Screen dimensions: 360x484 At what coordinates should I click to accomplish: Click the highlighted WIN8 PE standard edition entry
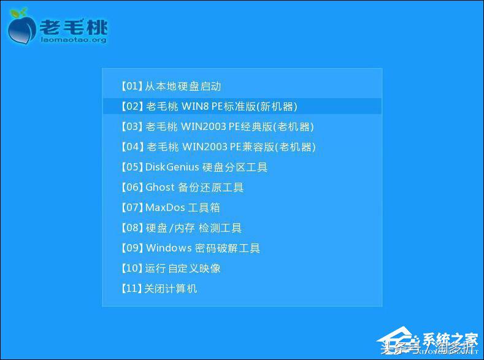coord(208,106)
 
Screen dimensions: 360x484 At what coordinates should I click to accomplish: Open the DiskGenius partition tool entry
coord(193,167)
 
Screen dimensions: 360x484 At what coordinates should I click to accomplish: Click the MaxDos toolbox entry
coord(169,208)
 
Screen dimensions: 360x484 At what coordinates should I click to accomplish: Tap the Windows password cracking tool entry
coord(190,248)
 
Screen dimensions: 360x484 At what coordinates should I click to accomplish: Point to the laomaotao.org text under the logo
coord(73,40)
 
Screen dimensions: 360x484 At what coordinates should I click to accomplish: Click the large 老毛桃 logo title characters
coord(73,26)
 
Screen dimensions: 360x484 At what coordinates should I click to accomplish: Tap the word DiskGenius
coord(171,167)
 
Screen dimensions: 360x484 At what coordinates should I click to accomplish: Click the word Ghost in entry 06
coord(160,188)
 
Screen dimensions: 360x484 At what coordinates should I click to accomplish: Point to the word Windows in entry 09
coord(169,248)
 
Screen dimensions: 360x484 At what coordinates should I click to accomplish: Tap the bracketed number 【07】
coord(132,208)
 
